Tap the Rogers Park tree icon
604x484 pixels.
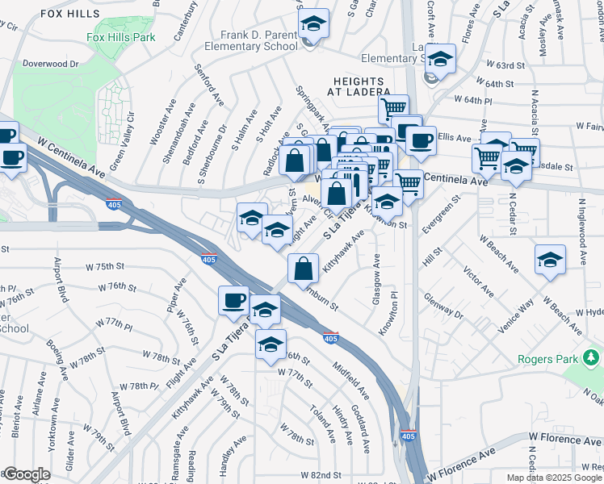pyautogui.click(x=593, y=356)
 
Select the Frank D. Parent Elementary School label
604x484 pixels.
pyautogui.click(x=259, y=41)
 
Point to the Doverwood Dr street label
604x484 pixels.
pyautogui.click(x=50, y=63)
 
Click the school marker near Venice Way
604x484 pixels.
pyautogui.click(x=551, y=261)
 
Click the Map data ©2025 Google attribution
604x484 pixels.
pyautogui.click(x=553, y=478)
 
